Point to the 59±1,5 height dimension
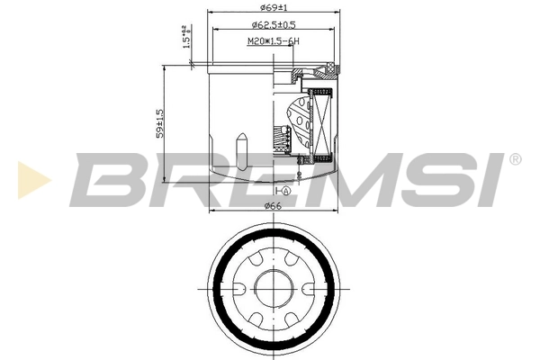click(x=159, y=123)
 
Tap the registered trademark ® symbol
click(x=514, y=158)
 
